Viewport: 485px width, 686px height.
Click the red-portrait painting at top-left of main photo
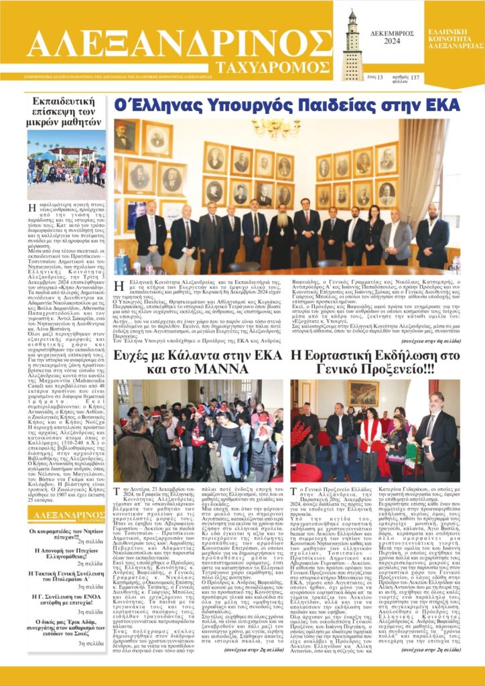coord(124,135)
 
